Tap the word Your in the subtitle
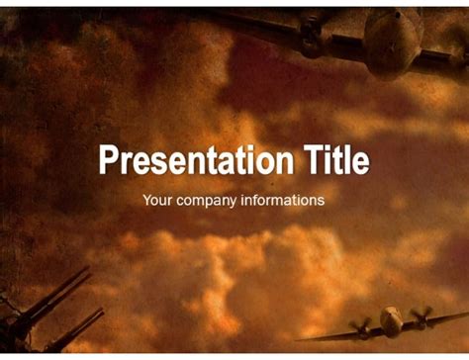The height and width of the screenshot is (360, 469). click(x=157, y=200)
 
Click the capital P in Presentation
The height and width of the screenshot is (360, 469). click(x=107, y=161)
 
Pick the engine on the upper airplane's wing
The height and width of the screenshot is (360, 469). click(x=311, y=36)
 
